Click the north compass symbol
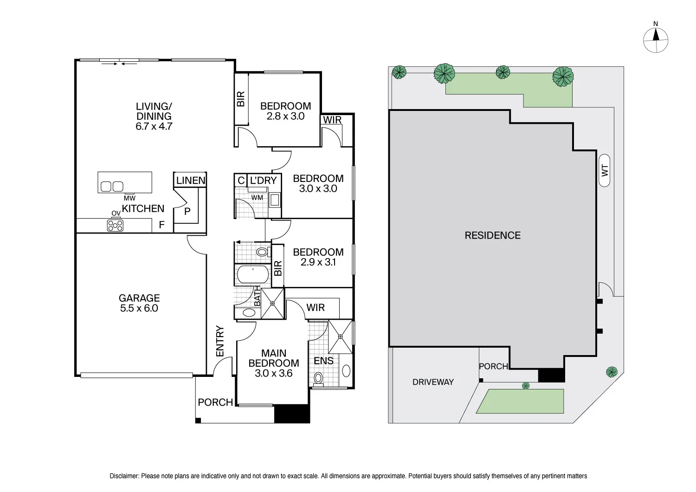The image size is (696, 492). click(656, 39)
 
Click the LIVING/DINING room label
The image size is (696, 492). click(154, 116)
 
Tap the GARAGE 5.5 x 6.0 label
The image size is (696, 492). click(139, 303)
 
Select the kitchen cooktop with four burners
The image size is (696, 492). click(115, 226)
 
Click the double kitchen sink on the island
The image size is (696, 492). click(112, 187)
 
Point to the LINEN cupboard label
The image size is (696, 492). click(191, 181)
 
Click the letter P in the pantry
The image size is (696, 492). click(187, 212)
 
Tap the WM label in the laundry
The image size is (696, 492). click(257, 198)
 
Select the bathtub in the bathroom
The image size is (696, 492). click(252, 275)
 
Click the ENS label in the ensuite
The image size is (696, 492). click(323, 361)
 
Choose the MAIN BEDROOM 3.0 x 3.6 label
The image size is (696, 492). click(274, 363)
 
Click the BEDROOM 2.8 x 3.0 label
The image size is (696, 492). click(285, 111)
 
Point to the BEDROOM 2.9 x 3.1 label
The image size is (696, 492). click(318, 257)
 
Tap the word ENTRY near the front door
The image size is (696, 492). click(220, 342)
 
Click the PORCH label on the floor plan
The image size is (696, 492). click(215, 402)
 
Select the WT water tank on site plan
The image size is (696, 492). click(604, 170)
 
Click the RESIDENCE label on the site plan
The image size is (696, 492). click(492, 235)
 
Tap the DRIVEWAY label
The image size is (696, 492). click(433, 382)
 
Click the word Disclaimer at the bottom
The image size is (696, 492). click(124, 476)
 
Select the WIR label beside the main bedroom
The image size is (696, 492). click(316, 308)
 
